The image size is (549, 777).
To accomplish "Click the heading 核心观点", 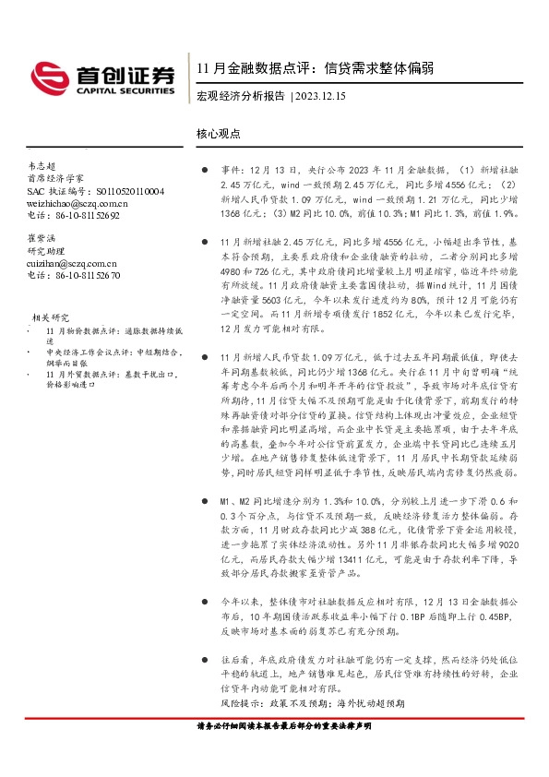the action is (218, 132).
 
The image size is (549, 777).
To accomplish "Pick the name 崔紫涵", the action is (42, 237).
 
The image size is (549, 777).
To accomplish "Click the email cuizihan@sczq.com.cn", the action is (74, 262).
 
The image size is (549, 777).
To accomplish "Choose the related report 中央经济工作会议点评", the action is (100, 359).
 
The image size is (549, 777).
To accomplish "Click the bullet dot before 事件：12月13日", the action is (204, 171).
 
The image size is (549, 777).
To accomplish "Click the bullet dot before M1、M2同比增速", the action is (204, 499).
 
